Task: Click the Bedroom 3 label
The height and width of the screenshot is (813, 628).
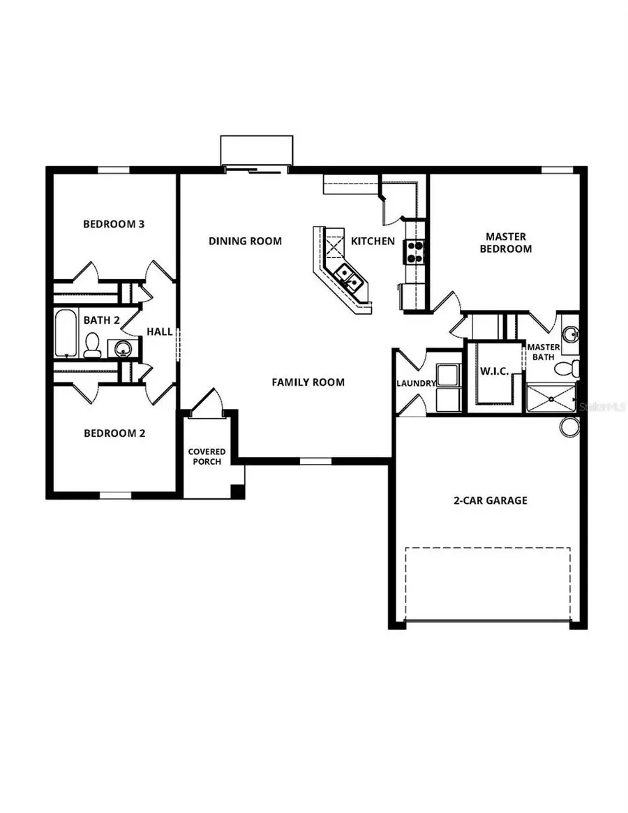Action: point(114,224)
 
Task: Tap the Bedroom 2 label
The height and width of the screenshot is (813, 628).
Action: point(114,433)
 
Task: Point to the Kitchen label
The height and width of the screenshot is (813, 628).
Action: point(373,241)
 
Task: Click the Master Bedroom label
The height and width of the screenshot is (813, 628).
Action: point(506,243)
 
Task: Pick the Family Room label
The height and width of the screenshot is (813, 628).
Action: point(308,382)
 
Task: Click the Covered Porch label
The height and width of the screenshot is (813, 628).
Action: point(207,457)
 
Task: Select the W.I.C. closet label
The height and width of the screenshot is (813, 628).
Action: point(494,370)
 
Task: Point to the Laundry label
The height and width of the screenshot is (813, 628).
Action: point(416,383)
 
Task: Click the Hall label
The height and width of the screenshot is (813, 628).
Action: point(160,332)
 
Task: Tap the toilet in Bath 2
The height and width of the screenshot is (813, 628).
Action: point(92,345)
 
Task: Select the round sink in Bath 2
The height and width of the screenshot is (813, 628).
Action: point(122,348)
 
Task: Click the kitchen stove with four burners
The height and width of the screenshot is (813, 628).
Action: point(414,251)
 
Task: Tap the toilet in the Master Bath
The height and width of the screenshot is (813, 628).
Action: point(575,366)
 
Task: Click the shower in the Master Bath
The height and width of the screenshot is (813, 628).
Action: point(551,398)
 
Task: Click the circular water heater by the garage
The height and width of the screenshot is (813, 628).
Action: point(569,427)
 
